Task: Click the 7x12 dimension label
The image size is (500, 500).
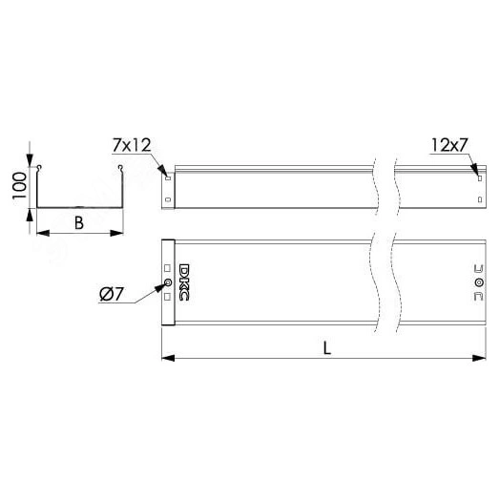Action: click(132, 145)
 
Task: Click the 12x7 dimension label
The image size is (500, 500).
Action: click(449, 145)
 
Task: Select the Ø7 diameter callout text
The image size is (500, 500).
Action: click(111, 294)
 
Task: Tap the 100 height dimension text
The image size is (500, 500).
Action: click(19, 186)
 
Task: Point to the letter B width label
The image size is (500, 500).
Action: click(79, 223)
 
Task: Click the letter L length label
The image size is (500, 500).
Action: click(327, 348)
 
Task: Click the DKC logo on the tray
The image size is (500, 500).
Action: click(184, 282)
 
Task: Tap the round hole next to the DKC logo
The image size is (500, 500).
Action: click(167, 282)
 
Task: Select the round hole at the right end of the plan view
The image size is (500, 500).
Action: click(479, 282)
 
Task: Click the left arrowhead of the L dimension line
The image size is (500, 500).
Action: click(168, 358)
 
